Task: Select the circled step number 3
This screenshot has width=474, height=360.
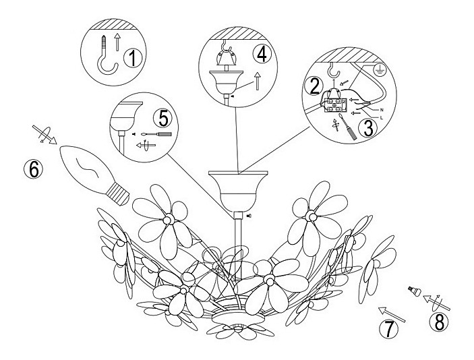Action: [368, 127]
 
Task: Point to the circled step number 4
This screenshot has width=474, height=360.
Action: [262, 55]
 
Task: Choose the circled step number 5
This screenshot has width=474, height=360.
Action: [162, 118]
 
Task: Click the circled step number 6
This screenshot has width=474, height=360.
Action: [33, 169]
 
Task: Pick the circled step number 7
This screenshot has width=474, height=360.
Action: [389, 330]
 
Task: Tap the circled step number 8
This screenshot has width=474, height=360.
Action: [439, 322]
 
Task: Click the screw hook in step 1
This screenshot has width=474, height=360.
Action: [106, 55]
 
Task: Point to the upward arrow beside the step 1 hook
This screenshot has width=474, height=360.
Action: [117, 42]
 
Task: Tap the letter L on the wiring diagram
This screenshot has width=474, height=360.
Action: [381, 118]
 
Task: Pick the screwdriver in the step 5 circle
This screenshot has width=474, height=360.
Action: [156, 134]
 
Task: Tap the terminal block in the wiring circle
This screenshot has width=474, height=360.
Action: [334, 105]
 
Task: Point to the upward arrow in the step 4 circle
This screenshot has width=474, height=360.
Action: [258, 81]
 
